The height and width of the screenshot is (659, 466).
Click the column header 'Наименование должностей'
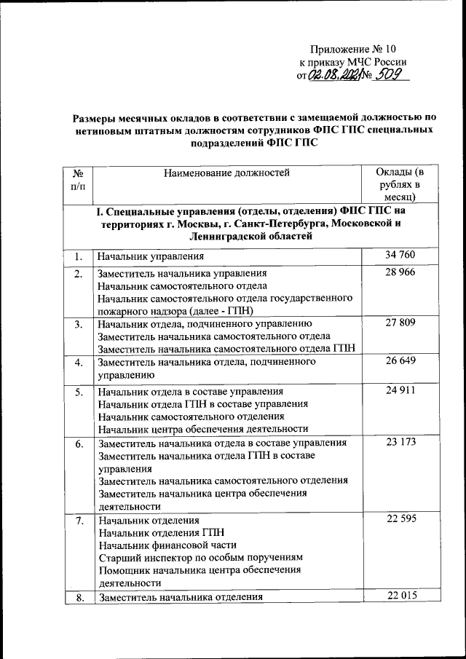pos(226,173)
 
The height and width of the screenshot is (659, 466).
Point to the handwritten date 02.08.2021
pos(334,76)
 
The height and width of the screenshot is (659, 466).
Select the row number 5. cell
pos(78,392)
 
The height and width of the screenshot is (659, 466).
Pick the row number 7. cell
pos(78,520)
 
